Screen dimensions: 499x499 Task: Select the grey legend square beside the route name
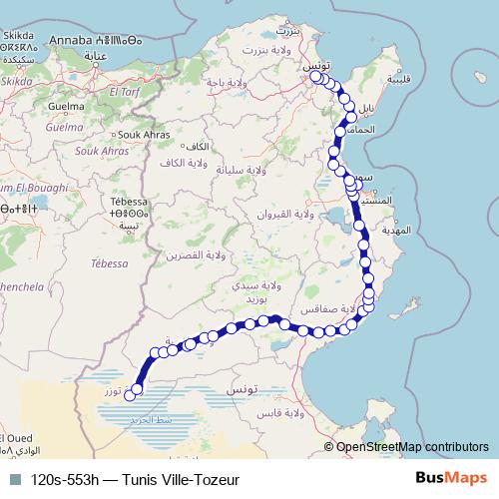(16, 479)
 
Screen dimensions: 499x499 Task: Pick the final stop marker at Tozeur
(137, 391)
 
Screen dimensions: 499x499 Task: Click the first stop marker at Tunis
(316, 76)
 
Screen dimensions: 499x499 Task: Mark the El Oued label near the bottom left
(18, 439)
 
